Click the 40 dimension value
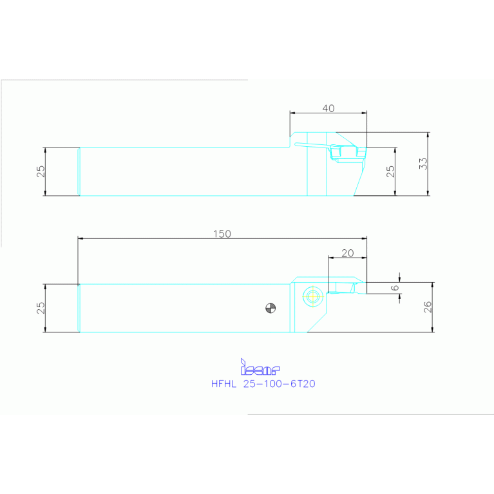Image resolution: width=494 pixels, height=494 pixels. (328, 108)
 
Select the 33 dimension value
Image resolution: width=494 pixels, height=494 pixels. (423, 164)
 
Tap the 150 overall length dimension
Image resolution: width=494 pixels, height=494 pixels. (222, 234)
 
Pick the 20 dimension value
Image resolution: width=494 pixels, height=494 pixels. (348, 253)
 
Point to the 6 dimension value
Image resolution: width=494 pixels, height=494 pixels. (394, 288)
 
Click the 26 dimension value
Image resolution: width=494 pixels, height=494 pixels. (428, 307)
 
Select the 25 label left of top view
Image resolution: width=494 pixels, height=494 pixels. (41, 171)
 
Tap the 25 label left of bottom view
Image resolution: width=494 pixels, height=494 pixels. (41, 308)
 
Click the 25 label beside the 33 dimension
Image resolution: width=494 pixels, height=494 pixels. (390, 171)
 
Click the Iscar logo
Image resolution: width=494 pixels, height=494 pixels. (260, 367)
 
